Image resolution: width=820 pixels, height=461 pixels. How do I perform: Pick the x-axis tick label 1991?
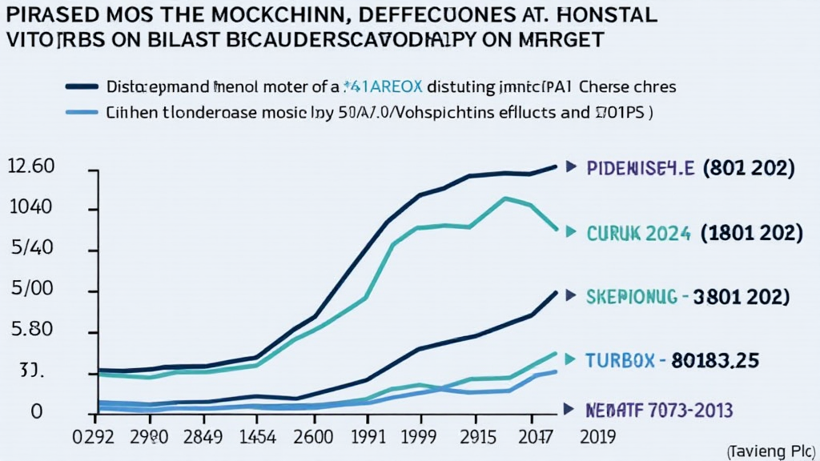[x=367, y=438]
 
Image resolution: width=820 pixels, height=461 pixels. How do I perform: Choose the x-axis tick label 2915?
[x=479, y=438]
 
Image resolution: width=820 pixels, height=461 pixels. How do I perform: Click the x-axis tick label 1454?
[x=255, y=438]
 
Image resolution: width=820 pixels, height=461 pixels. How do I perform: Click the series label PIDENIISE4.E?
[x=640, y=168]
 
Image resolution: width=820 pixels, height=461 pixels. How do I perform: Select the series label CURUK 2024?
[x=638, y=233]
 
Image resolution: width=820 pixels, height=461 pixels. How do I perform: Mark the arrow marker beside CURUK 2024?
[x=570, y=233]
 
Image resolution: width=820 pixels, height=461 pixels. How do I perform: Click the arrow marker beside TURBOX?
[x=570, y=360]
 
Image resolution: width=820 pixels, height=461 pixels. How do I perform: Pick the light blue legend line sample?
[x=83, y=113]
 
